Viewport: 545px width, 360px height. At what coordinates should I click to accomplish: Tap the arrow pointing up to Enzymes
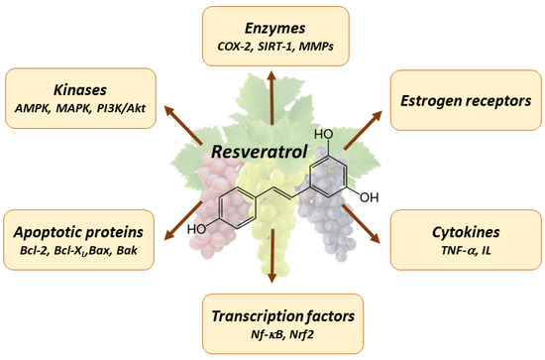pyautogui.click(x=272, y=84)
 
